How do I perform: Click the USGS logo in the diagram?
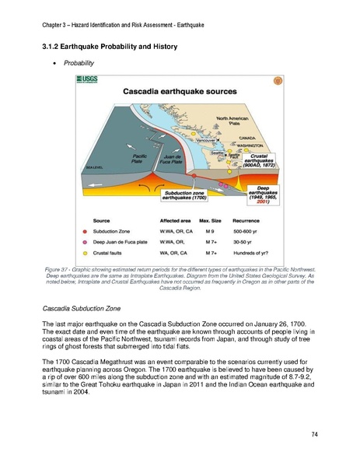point(87,80)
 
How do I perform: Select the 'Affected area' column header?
point(175,222)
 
